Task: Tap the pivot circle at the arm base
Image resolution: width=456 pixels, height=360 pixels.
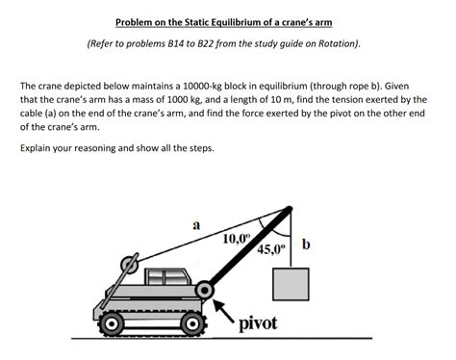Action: (204, 289)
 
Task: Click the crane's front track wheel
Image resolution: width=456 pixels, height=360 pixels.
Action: (189, 324)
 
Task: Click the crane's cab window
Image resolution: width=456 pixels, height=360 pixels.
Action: (164, 278)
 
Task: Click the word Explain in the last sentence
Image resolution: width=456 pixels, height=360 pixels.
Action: (38, 149)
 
